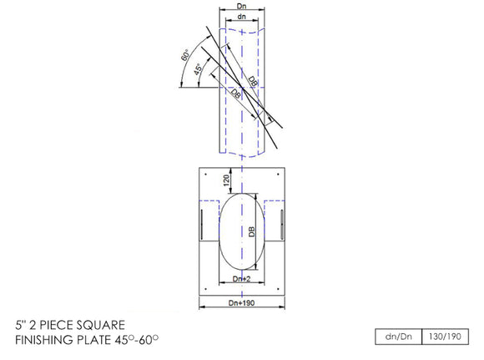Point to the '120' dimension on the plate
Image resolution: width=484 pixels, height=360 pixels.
225,180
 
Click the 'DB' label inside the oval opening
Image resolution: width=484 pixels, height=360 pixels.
250,235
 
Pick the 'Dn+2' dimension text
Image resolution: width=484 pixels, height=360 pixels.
241,278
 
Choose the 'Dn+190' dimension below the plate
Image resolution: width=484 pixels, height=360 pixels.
241,303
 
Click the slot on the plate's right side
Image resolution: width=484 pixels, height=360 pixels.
282,225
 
